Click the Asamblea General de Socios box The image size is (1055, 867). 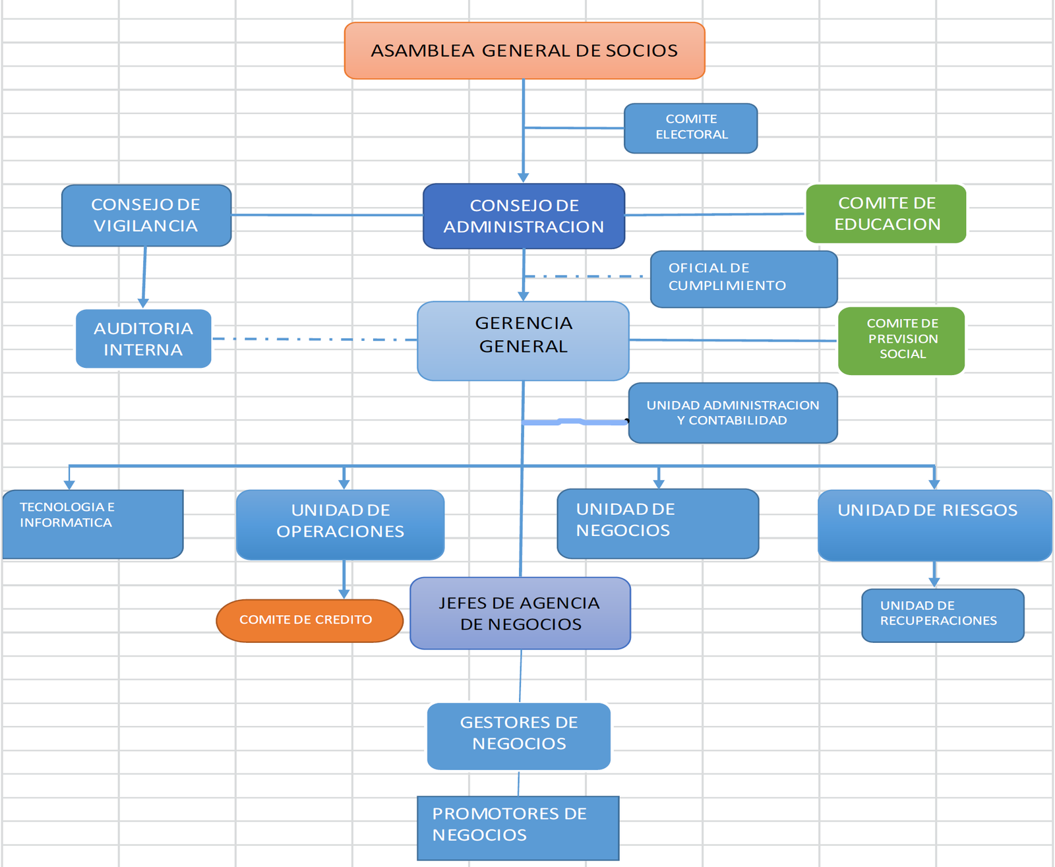524,51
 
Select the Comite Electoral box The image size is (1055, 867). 690,128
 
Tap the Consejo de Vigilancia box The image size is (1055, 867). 146,216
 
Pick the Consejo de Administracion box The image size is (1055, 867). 524,216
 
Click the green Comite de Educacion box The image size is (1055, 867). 886,214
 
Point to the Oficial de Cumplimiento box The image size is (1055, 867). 743,279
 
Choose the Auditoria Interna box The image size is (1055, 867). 143,339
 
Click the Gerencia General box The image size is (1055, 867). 523,340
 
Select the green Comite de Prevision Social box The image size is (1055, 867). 901,341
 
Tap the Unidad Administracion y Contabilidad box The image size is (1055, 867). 733,413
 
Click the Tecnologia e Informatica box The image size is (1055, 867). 92,524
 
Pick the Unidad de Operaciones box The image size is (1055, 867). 340,524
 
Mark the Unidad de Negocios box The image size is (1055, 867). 657,523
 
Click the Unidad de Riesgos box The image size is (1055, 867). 934,525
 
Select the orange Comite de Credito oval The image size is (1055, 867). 309,620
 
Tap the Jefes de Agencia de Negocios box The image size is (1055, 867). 520,613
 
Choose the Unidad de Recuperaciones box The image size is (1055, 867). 942,615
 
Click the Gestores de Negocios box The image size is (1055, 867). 519,736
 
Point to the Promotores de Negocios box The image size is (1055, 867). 518,827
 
